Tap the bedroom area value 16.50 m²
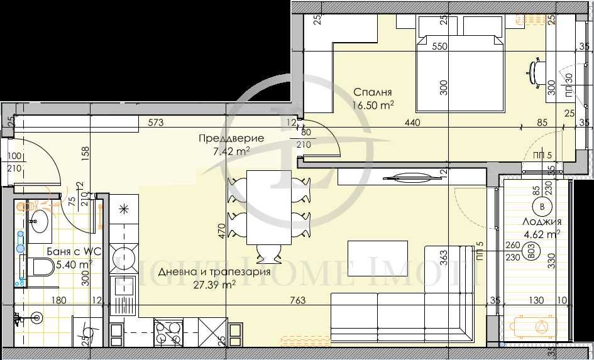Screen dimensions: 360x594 [373, 105]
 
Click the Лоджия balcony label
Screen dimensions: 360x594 [542, 222]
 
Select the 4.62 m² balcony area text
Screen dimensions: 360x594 [543, 234]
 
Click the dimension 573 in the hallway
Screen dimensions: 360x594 [157, 124]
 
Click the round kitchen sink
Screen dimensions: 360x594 [123, 258]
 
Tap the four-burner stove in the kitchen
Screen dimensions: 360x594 [167, 332]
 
